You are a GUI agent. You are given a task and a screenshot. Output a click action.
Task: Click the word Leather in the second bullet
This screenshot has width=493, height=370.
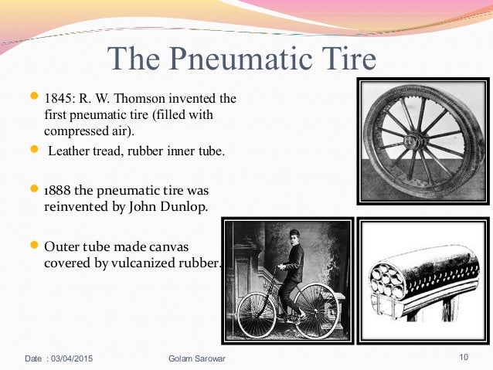pyautogui.click(x=69, y=151)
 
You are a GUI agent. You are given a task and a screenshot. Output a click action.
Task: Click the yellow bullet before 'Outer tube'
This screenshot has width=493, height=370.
pyautogui.click(x=35, y=246)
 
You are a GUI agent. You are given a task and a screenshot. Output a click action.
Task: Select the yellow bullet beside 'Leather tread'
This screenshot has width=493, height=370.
pyautogui.click(x=35, y=150)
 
